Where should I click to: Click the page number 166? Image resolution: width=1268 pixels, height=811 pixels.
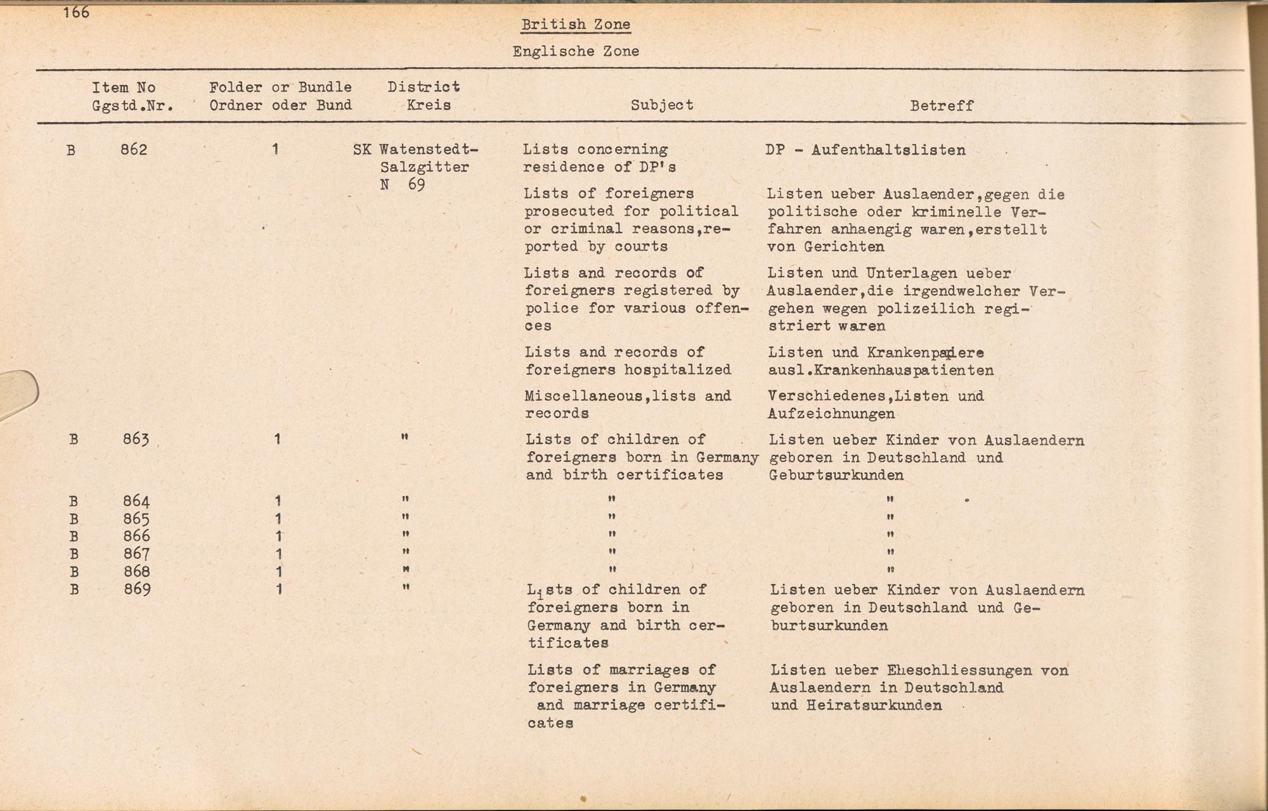coord(77,12)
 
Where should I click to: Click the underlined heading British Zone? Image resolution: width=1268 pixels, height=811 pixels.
coord(576,25)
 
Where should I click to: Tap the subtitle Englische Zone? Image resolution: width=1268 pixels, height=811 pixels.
coord(576,51)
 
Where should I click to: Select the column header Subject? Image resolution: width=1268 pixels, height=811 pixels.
coord(662,105)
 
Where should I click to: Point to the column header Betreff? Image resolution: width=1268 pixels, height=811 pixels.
coord(941,106)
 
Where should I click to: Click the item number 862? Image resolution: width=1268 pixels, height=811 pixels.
coord(134,150)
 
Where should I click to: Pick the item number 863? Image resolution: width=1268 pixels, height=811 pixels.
coord(136,439)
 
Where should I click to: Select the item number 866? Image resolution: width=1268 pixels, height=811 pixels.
coord(137,536)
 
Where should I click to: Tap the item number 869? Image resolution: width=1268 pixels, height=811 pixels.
coord(138,589)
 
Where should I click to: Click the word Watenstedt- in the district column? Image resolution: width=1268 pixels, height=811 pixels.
coord(429,150)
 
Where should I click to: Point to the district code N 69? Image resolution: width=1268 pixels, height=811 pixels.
coord(403,185)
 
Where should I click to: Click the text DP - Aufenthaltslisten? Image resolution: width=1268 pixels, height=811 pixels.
coord(866,150)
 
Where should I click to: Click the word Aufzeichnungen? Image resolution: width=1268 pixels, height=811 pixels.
coord(831,414)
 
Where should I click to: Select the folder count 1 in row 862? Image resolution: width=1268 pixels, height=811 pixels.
coord(275,150)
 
